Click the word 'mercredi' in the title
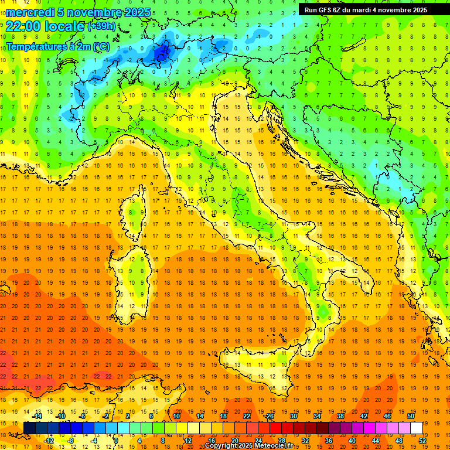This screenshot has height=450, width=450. coord(30,12)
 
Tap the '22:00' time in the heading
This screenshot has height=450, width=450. coord(24,26)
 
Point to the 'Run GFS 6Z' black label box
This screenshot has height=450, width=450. coord(366,10)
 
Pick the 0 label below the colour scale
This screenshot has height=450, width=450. coord(116,440)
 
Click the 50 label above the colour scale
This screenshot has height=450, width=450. coord(410,416)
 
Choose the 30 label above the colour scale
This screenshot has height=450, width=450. coord(293,416)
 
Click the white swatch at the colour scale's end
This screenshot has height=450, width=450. coord(416,428)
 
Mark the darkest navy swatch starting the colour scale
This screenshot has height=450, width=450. coord(29,428)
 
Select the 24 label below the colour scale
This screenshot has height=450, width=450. coord(258,440)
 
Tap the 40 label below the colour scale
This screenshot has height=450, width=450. coord(352,440)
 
